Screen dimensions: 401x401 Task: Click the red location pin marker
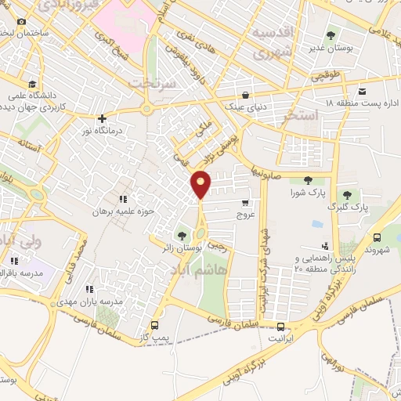point(201,183)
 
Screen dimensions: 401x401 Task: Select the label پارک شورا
point(306,193)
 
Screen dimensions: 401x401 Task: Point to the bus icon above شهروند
point(378,238)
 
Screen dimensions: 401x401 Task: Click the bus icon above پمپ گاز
point(154,325)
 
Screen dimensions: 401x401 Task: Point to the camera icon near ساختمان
point(21,21)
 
